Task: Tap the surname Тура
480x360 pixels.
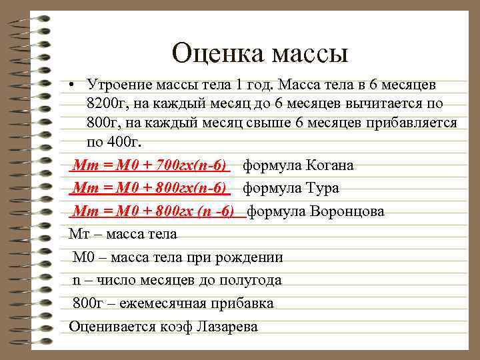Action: [x=320, y=189]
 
